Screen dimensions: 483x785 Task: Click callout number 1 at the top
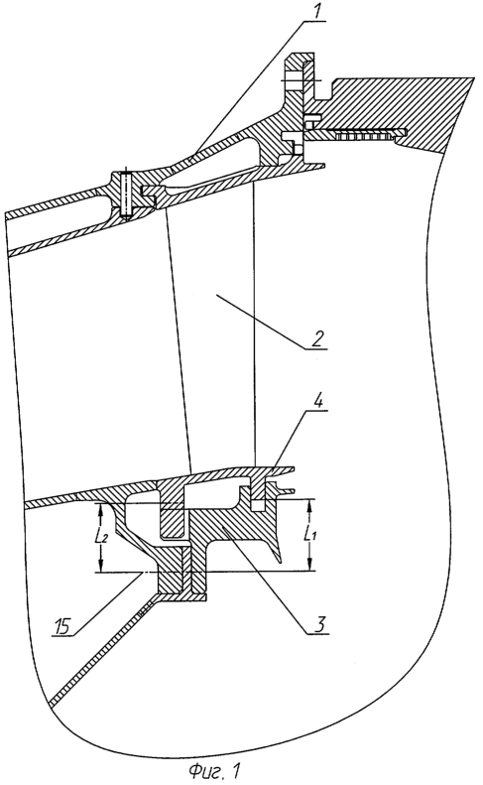(315, 12)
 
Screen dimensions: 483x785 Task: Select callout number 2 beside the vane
(316, 339)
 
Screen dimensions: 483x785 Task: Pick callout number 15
(62, 627)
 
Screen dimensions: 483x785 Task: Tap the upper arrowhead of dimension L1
(309, 505)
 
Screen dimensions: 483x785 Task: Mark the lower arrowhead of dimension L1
(309, 565)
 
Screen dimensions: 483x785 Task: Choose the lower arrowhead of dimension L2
(101, 566)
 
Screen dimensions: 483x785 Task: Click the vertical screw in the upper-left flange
(127, 195)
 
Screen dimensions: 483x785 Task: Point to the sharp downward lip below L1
(277, 554)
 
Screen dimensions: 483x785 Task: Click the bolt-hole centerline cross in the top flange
(300, 80)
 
